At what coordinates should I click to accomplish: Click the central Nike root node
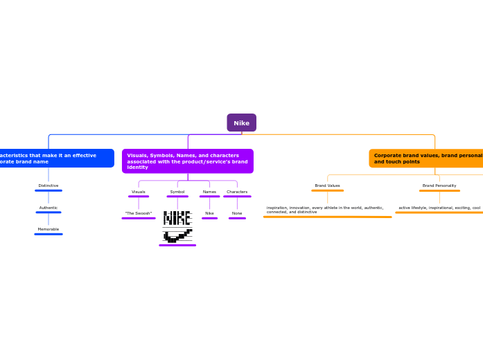241,123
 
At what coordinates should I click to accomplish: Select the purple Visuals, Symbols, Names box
187,161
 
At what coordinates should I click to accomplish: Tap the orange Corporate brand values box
426,159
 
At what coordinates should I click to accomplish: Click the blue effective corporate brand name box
55,158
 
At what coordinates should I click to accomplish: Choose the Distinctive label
49,186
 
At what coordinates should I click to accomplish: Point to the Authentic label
49,208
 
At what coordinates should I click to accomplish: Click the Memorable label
49,229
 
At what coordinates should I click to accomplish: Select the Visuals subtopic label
139,192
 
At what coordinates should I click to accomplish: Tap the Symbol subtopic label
177,192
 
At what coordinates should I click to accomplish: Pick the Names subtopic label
209,192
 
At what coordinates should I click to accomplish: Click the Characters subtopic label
237,192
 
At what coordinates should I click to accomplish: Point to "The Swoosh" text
139,213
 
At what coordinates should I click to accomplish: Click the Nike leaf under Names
209,213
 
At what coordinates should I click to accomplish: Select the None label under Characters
237,213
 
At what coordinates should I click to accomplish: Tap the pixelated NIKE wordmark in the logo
177,218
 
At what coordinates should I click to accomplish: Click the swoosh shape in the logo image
177,236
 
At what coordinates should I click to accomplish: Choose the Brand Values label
327,186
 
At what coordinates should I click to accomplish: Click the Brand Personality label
439,186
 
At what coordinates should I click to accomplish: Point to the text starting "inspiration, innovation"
326,209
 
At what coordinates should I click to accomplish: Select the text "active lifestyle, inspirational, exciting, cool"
439,208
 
